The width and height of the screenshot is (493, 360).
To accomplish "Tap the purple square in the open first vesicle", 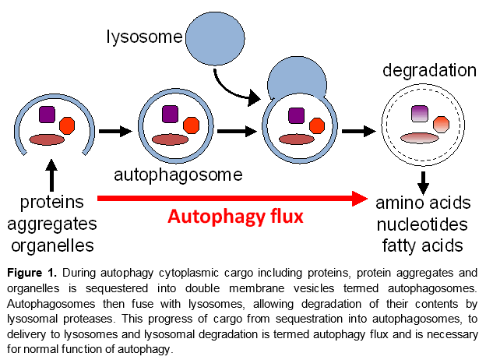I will (48, 115).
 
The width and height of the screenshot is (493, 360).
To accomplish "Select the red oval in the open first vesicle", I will (47, 140).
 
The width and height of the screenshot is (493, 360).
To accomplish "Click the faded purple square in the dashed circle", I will (421, 114).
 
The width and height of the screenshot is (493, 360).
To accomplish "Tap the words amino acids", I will (423, 203).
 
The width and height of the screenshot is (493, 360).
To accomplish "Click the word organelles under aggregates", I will (53, 246).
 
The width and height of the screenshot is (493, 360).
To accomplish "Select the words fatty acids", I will (422, 246).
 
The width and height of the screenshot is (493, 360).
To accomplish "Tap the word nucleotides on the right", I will (423, 225).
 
